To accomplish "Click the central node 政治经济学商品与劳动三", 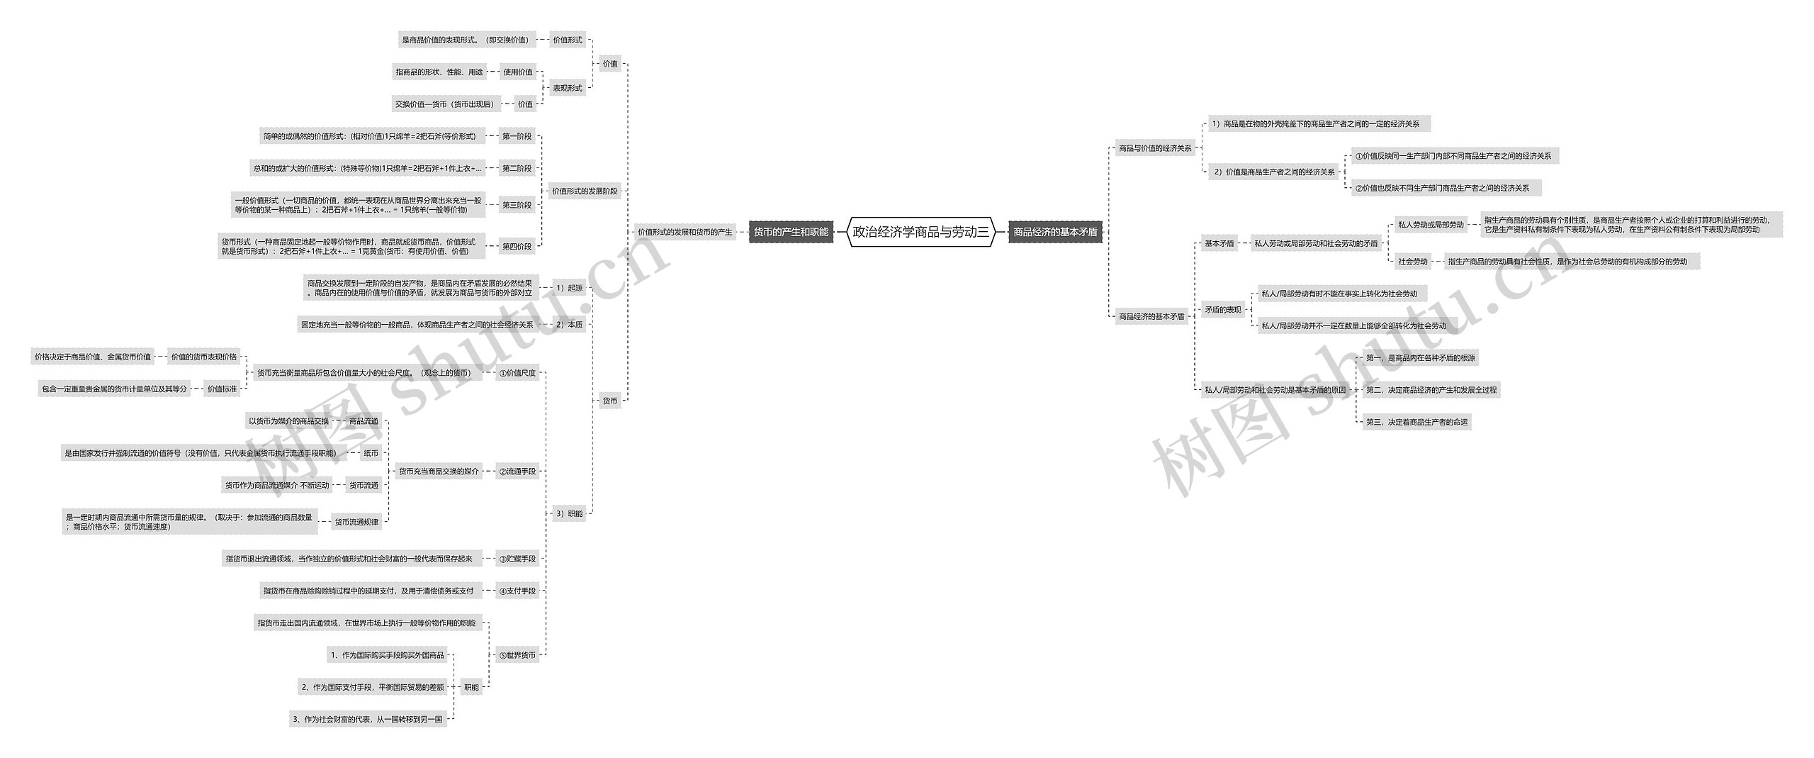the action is [920, 232].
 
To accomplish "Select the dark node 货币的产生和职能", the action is [790, 232].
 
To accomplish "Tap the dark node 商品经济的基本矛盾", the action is [1055, 232].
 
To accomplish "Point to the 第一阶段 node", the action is [517, 136].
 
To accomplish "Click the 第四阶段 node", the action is [517, 247].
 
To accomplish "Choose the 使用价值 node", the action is [518, 72].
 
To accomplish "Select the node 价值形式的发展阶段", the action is [585, 191].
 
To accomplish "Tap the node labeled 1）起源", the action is [569, 288].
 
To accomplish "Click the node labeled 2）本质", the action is [569, 325].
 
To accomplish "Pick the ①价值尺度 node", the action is [517, 373].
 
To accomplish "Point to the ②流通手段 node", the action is [517, 471].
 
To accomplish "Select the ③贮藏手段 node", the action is [517, 559].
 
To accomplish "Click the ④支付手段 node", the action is [517, 591].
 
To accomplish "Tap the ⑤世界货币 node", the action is [517, 655].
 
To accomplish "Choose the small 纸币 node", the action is [371, 453].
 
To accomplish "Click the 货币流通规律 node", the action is [356, 522].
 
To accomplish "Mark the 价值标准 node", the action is [222, 389].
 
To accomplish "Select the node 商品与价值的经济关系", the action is [1155, 148].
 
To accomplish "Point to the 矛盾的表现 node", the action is [1223, 310].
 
